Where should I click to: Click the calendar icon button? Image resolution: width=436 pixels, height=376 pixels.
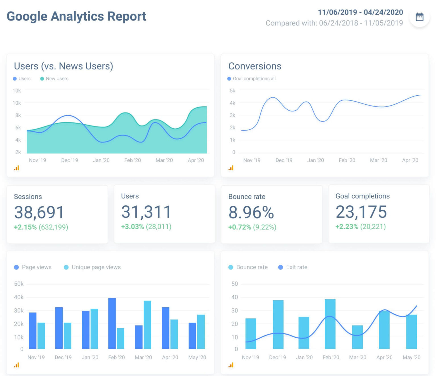coord(419,17)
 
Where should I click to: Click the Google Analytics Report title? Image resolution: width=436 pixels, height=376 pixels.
coord(76,16)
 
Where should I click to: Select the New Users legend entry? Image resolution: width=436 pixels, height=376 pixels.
coord(54,79)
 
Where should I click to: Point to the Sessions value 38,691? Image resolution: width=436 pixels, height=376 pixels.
coord(39,212)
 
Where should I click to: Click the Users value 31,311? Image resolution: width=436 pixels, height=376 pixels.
coord(146,212)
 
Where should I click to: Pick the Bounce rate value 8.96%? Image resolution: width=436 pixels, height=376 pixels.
coord(251,212)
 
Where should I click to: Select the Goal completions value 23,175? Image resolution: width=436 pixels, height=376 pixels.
coord(361,212)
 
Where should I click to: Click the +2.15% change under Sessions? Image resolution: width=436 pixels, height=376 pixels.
coord(25,227)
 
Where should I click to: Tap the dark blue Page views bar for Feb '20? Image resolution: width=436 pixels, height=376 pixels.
coord(112,324)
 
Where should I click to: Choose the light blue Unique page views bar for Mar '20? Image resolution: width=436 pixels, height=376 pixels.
coord(147,325)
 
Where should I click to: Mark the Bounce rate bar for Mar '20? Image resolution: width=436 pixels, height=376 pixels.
coord(357,337)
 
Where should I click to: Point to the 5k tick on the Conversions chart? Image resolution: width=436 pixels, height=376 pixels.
coord(232,91)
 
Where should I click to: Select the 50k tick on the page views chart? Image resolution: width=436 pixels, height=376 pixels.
coord(19,284)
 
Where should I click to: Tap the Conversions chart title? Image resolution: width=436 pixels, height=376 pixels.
coord(255,66)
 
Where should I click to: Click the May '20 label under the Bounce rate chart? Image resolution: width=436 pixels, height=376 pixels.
coord(411,357)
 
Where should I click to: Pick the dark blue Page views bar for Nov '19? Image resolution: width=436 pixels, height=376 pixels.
coord(33,331)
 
